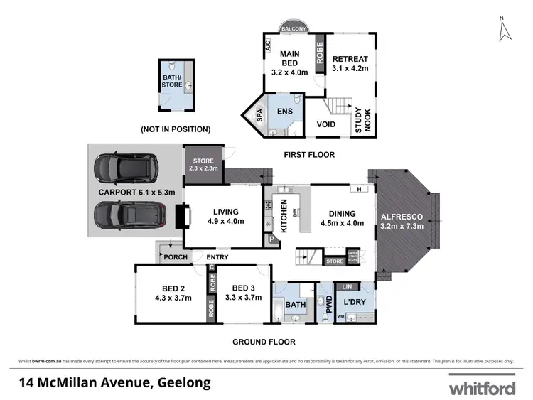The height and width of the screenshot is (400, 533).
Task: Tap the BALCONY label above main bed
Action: (294, 28)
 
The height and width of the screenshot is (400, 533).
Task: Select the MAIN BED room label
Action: (289, 63)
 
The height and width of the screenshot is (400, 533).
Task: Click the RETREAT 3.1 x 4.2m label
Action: (349, 64)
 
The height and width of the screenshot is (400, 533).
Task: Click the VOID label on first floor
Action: (326, 124)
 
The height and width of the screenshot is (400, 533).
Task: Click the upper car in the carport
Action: (127, 169)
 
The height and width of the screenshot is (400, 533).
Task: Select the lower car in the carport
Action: (127, 215)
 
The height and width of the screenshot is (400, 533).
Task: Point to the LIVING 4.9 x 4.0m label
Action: (225, 216)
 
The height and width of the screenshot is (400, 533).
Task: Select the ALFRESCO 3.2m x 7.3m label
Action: (402, 221)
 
